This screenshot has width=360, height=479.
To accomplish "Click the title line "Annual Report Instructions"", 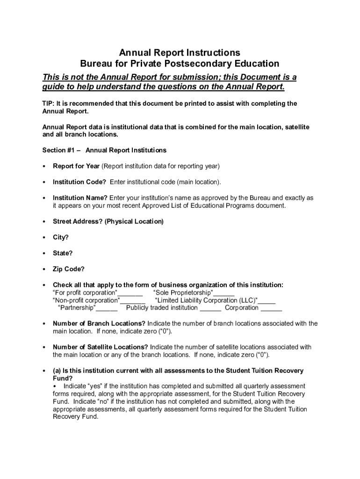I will click(x=180, y=52).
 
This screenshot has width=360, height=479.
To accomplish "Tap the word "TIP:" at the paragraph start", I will click(x=48, y=103).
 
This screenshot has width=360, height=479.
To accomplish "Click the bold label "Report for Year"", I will click(x=76, y=166).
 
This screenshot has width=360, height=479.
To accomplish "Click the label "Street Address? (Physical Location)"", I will click(x=108, y=221).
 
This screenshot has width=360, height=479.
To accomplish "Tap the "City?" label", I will click(x=61, y=237).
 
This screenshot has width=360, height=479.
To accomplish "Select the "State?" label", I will click(x=63, y=253).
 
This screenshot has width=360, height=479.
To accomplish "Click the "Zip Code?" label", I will click(x=69, y=269).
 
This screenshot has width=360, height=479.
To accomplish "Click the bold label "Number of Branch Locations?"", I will click(x=99, y=324).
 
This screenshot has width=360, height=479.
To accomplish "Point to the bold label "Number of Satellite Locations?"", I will click(x=101, y=347).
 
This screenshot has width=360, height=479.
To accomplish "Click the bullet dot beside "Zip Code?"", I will click(x=43, y=269).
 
